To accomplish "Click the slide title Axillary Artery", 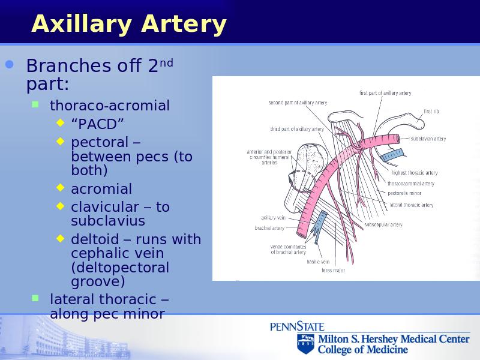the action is coord(129,25).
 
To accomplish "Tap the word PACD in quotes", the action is coord(97,124).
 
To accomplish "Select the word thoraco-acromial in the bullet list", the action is coord(110,106).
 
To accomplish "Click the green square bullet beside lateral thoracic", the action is coord(35,298).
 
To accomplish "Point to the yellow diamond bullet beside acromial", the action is coord(61,187).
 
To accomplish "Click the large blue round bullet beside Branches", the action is coord(10,64).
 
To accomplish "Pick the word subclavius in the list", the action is coord(108,221).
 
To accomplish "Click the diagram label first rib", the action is coord(431,112).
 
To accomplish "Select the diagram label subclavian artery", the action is coord(428,139).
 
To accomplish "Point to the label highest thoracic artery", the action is coord(415,173).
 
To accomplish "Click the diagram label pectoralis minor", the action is coord(404,193).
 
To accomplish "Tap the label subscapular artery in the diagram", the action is coord(383,224).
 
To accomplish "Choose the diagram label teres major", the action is coord(333,271).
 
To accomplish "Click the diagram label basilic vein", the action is coord(318,262).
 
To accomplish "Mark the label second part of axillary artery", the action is coord(298,103).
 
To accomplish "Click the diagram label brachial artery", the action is coord(269,228).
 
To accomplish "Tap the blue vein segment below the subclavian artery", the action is coord(392,155).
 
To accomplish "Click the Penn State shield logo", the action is coord(305,343).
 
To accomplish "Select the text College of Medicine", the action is coord(363,350).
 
